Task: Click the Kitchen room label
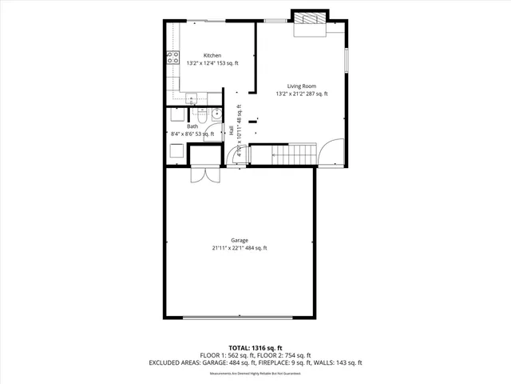point(200,55)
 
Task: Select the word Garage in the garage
point(240,240)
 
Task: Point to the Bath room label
point(192,126)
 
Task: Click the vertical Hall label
point(232,130)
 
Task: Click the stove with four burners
point(172,57)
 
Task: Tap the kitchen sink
point(192,99)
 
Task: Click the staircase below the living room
point(293,153)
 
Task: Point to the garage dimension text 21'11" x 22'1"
point(240,248)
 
